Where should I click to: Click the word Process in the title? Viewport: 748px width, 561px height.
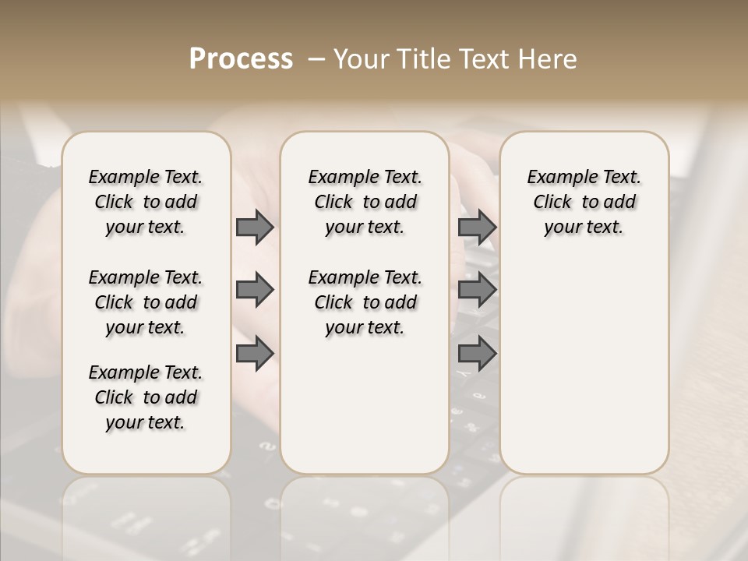point(241,58)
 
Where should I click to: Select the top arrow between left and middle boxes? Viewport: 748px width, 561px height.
point(255,227)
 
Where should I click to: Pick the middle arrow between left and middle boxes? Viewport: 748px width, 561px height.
point(255,290)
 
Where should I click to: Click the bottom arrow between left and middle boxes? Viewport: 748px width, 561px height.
point(255,354)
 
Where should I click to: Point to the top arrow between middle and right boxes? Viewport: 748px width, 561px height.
point(477,227)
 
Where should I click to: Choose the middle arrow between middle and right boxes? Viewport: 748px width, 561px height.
point(477,290)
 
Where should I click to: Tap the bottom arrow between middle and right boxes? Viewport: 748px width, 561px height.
point(477,354)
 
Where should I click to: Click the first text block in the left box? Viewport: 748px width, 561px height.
point(146,202)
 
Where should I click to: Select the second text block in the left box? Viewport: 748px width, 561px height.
point(146,302)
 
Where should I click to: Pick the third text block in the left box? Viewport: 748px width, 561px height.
point(146,397)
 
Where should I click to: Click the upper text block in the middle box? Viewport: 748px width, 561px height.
point(365,202)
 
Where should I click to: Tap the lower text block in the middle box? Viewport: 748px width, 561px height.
point(365,302)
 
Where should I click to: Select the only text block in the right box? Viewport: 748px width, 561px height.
point(584,202)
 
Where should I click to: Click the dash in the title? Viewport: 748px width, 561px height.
point(317,58)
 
